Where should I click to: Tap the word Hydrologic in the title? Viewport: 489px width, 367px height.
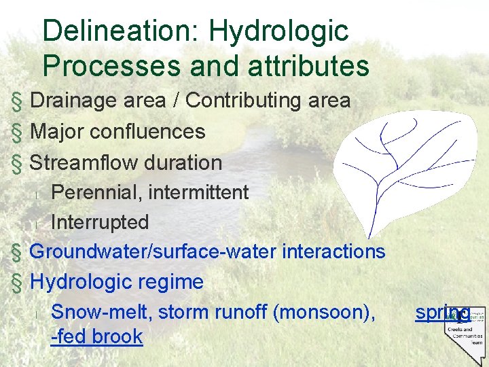[279, 31]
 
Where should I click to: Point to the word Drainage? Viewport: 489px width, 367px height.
[73, 101]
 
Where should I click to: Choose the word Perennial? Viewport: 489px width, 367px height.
[96, 192]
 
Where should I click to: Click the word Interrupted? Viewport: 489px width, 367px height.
[100, 222]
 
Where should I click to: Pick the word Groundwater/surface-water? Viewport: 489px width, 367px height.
[153, 251]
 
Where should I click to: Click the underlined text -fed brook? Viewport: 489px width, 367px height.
[96, 336]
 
